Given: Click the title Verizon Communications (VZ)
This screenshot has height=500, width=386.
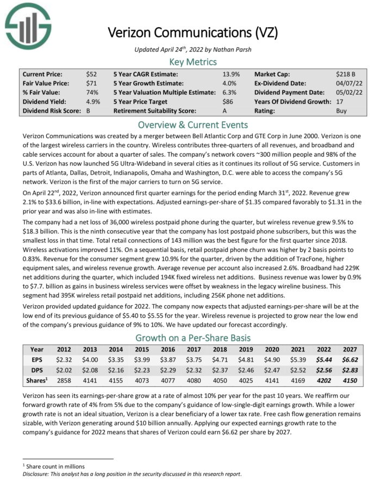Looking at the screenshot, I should click(x=193, y=32).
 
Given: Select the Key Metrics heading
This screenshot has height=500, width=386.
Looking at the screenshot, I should click(x=193, y=61).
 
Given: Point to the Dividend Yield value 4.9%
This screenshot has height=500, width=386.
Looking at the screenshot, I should click(x=94, y=101).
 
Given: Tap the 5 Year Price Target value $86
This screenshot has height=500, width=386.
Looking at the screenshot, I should click(x=228, y=101).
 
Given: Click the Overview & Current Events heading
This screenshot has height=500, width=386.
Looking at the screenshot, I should click(x=193, y=125).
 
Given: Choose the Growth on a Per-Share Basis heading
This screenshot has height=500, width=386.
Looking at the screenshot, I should click(x=193, y=336).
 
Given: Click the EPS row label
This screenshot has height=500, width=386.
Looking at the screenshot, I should click(x=37, y=360).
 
